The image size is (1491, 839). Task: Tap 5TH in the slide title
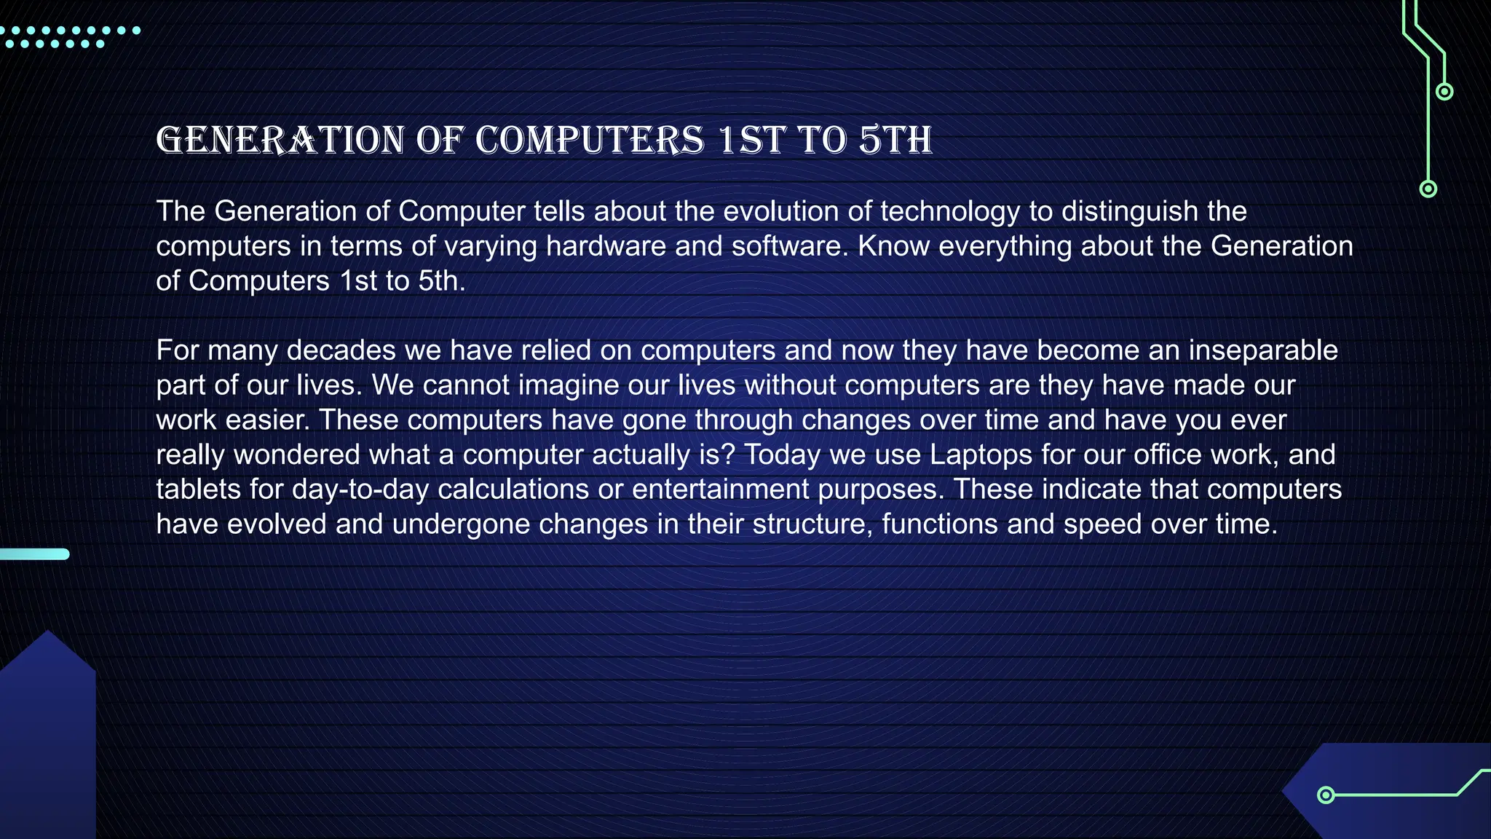pyautogui.click(x=895, y=140)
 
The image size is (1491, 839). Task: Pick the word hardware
pyautogui.click(x=606, y=246)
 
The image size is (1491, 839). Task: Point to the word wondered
pyautogui.click(x=296, y=455)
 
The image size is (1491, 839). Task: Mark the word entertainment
pyautogui.click(x=720, y=489)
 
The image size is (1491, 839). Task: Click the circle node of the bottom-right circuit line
pyautogui.click(x=1326, y=795)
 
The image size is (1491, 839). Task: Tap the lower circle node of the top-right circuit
pyautogui.click(x=1428, y=189)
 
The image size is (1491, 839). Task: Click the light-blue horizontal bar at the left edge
pyautogui.click(x=34, y=554)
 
